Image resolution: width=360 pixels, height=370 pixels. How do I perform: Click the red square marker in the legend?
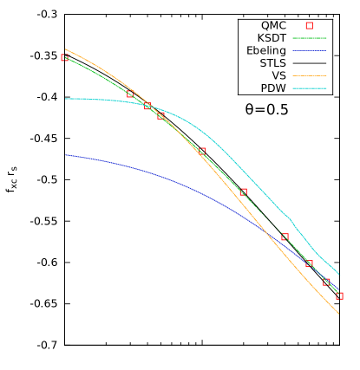[x=309, y=26]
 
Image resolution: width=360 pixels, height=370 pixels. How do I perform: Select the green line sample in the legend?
[x=309, y=38]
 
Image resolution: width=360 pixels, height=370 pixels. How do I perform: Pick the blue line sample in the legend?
[x=309, y=50]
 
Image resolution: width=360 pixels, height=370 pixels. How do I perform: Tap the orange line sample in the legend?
[x=309, y=76]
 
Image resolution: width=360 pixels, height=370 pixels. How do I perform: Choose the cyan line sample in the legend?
[x=309, y=88]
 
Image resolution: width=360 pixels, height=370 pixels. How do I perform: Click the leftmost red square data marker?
[x=65, y=58]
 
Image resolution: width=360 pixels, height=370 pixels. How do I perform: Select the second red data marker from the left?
[x=131, y=94]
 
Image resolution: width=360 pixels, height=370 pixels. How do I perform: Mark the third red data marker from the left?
[x=147, y=106]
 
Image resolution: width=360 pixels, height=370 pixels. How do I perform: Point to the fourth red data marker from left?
[x=160, y=115]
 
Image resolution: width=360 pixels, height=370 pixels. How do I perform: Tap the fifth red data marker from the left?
[x=202, y=151]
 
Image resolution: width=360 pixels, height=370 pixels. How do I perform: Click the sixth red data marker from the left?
[x=244, y=191]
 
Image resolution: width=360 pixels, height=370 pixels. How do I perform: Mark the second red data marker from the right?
[x=327, y=282]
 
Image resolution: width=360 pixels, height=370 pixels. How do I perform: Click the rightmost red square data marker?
[x=339, y=295]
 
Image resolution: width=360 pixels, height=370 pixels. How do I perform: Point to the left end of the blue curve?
[x=65, y=155]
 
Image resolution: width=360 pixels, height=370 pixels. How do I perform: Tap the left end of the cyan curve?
[x=65, y=99]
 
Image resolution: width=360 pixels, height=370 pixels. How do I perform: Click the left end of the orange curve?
[x=65, y=49]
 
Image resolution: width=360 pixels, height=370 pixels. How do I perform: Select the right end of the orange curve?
[x=339, y=314]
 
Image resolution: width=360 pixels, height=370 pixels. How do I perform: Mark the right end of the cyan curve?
[x=339, y=276]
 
